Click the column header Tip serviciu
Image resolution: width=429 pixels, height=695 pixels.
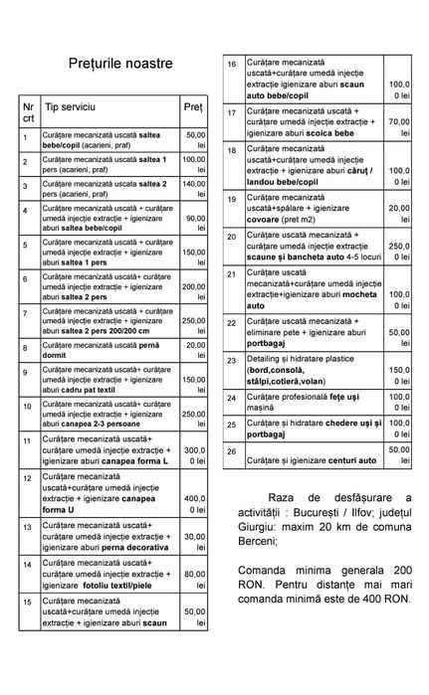[x=70, y=105]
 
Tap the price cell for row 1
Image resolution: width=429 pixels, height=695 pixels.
[x=195, y=139]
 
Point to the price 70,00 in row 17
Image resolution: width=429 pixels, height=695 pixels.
[x=399, y=122]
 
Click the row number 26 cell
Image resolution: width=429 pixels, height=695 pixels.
[x=232, y=451]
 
